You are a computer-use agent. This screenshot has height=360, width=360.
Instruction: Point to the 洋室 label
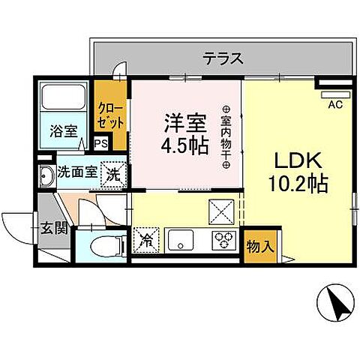180,120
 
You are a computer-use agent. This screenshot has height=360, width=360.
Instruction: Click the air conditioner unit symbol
331,94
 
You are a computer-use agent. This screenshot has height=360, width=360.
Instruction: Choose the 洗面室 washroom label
79,172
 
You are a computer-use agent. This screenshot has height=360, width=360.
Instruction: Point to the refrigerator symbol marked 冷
146,242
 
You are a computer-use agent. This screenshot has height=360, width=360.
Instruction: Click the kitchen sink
181,241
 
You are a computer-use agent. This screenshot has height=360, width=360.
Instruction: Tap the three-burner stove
223,241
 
